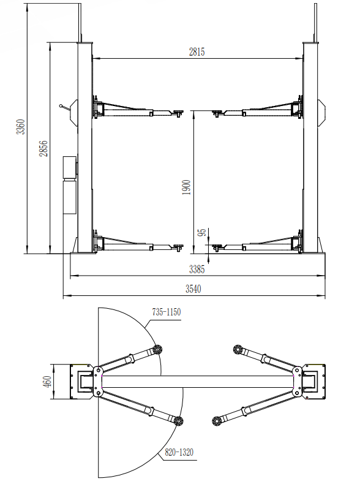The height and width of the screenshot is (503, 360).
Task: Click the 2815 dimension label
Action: tap(197, 51)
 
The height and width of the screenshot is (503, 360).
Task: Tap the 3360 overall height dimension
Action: tap(21, 127)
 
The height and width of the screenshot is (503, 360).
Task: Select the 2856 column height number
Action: tap(43, 148)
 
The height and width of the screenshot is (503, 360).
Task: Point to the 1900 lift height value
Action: tap(186, 187)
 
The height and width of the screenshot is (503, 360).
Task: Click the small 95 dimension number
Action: tap(202, 233)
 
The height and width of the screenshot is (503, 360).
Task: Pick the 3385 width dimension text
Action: tap(197, 269)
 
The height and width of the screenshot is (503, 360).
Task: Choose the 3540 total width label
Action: tap(193, 289)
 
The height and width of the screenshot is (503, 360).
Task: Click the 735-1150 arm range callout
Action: tap(167, 312)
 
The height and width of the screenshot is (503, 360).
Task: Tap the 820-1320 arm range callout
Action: tap(179, 452)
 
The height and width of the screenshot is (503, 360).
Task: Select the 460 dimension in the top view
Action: tap(47, 382)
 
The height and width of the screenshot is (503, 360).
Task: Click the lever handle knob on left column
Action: tap(61, 105)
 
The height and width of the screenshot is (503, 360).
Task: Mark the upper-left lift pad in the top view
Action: tap(157, 350)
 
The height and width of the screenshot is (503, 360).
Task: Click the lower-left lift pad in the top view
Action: tap(179, 421)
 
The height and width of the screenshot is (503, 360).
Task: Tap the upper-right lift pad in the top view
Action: tap(238, 350)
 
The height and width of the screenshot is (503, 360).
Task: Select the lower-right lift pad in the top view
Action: tap(217, 421)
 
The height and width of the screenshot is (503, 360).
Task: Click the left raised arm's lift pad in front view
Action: tap(177, 112)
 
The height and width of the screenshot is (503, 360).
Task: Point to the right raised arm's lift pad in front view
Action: tap(218, 112)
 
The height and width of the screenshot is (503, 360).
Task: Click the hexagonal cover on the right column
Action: tap(322, 113)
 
